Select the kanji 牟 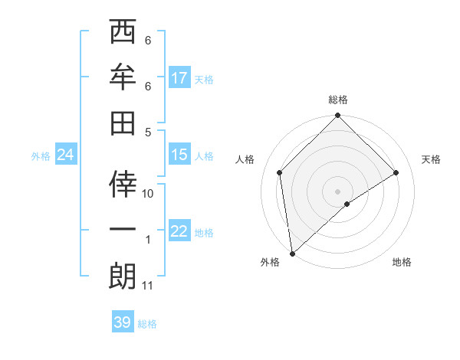coord(122,77)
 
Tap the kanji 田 coord(122,123)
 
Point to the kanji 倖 coord(122,185)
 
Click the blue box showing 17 coord(179,78)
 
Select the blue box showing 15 coord(179,155)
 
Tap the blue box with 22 coord(179,231)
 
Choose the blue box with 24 coord(65,155)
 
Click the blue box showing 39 coord(123,322)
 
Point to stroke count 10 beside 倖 coord(149,195)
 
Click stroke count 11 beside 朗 coord(148,286)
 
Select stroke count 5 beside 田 coord(148,132)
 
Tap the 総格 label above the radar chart coord(338,100)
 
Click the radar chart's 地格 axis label coord(402,263)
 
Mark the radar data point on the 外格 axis coord(292,254)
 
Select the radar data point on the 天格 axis coord(396,172)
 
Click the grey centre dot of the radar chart coord(338,191)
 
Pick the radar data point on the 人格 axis coord(280,172)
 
